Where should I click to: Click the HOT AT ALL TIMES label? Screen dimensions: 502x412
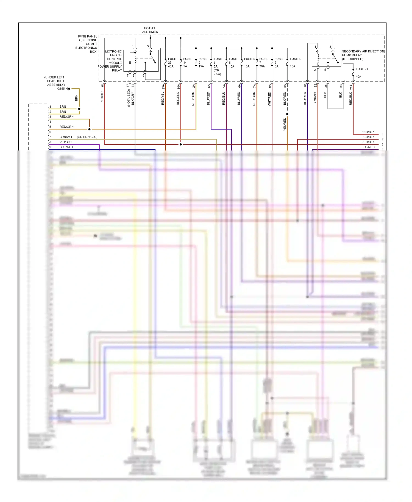150,30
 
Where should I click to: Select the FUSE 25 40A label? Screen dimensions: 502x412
172,63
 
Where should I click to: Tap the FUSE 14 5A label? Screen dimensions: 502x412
187,63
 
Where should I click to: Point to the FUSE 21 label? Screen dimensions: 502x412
361,69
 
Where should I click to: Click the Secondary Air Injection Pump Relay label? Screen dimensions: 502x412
363,55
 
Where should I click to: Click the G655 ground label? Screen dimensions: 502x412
61,89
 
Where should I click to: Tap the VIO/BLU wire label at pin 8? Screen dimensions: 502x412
65,142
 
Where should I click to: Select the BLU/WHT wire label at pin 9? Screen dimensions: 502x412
66,147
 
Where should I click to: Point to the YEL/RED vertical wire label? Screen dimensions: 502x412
285,124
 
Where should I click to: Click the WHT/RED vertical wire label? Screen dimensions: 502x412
269,99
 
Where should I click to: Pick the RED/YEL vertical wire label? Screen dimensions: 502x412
163,99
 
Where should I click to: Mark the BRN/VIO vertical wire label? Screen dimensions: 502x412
315,98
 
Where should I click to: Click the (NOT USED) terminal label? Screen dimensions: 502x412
129,98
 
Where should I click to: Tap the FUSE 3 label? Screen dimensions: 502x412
295,59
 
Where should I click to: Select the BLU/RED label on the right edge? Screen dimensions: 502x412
368,147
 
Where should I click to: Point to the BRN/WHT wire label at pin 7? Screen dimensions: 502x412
66,137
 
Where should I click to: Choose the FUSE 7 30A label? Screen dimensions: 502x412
263,63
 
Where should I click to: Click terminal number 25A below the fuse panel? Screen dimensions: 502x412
163,87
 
